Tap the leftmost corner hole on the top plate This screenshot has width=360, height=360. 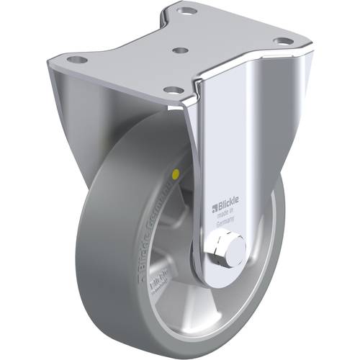click(73, 59)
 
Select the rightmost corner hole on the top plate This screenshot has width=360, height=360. click(285, 40)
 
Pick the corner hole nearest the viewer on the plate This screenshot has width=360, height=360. click(172, 89)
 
